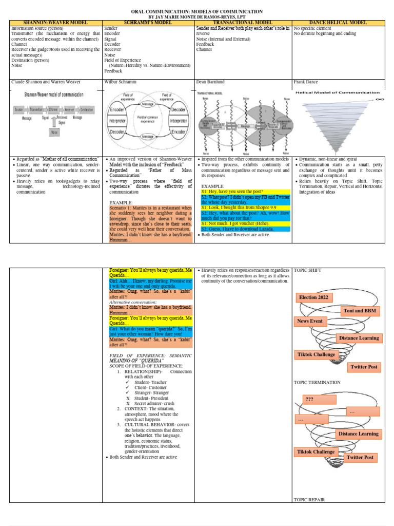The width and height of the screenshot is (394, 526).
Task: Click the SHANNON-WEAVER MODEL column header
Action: tap(56, 23)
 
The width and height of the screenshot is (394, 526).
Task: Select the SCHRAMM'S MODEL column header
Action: tap(149, 23)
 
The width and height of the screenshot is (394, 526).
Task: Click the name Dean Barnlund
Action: tap(210, 82)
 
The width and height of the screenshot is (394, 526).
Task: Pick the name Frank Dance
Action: tap(306, 82)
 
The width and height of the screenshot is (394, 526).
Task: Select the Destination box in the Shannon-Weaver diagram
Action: tap(87, 110)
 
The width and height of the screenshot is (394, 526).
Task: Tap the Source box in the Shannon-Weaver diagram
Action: tap(19, 110)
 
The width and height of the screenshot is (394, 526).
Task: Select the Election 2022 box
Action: tap(314, 297)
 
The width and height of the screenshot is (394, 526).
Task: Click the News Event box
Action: tap(310, 321)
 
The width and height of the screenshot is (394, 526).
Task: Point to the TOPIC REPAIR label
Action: tap(309, 499)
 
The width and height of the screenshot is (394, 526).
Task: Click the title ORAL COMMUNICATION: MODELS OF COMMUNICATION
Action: tap(197, 11)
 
